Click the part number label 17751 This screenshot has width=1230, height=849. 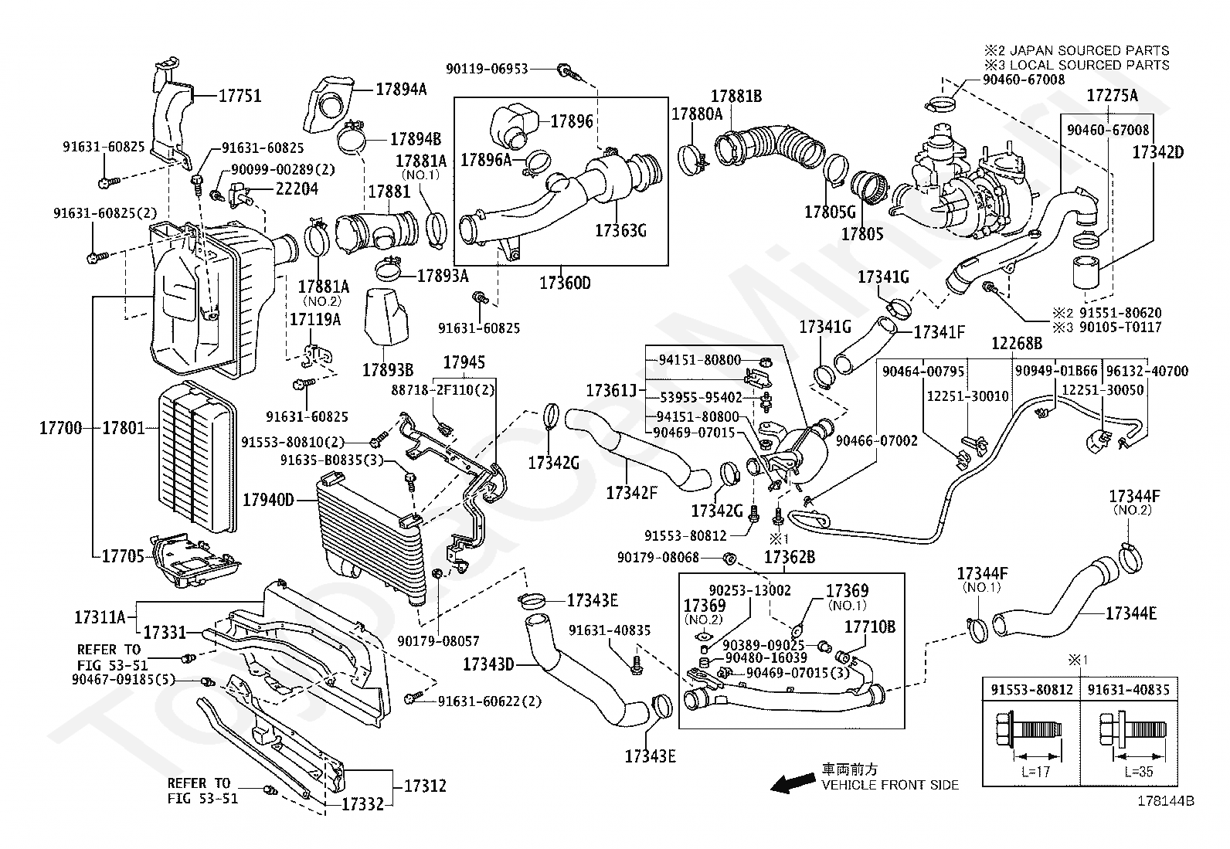coord(240,96)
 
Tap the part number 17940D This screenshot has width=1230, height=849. coord(269,500)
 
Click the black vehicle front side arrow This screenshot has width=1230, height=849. coord(793,783)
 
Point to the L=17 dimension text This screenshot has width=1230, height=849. coord(1035,772)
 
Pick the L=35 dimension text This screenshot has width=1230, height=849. coord(1139,772)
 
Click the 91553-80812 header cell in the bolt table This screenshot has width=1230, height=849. coord(1031,690)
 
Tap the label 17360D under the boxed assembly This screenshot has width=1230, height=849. coord(565,283)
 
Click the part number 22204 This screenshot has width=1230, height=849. coord(297,189)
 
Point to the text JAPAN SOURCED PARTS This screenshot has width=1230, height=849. coord(1089,50)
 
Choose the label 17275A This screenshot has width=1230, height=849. coord(1113,96)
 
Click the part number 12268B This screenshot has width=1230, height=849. coord(1017,343)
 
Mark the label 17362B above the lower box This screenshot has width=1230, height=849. coord(790,558)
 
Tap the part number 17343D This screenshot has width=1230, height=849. coord(488,664)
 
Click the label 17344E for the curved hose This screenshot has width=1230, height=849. coord(1131,613)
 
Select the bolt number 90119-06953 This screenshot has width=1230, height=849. coord(487,70)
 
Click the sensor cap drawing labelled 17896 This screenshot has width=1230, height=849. coord(514,125)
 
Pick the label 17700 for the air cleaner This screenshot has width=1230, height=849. coord(60,428)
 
